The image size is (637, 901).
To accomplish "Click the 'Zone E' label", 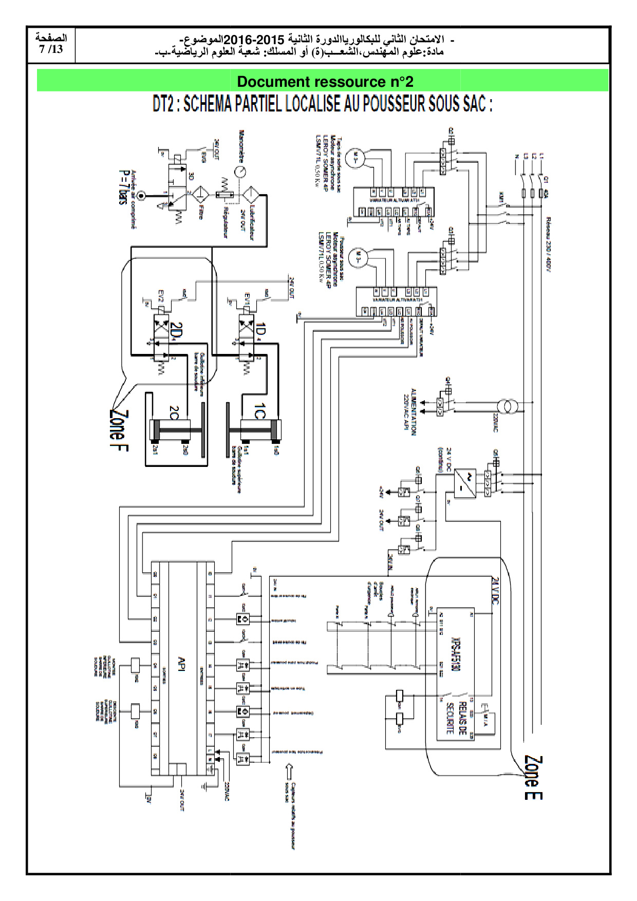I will [533, 777].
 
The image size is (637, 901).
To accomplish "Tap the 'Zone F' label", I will [119, 430].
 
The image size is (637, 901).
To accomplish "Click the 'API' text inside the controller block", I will [181, 663].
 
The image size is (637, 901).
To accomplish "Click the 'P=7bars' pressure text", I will [123, 187].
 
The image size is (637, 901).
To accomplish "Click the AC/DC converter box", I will [464, 484].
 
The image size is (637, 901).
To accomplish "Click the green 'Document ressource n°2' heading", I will [325, 82].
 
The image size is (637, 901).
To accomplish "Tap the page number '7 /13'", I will [51, 50].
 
